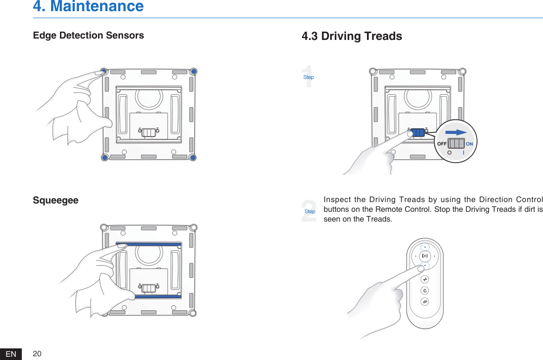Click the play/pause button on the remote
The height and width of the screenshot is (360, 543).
(x=425, y=256)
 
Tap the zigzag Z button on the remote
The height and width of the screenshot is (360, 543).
(x=425, y=279)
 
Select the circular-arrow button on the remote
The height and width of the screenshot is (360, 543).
(x=425, y=291)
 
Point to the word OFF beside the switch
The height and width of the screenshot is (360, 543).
(x=442, y=144)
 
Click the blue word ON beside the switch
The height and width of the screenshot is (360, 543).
(x=470, y=144)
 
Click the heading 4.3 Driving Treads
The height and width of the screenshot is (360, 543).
(x=352, y=36)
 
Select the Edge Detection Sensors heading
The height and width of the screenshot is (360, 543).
(x=88, y=35)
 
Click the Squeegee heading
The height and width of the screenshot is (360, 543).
(x=56, y=200)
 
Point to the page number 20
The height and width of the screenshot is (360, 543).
(x=37, y=354)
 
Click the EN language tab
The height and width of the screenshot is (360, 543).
(x=11, y=354)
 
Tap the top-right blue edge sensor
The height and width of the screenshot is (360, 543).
(x=194, y=72)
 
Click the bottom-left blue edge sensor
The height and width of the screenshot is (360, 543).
(x=105, y=158)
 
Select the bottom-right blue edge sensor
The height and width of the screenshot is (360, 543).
(x=193, y=158)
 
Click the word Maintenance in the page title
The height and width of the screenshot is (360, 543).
(x=97, y=7)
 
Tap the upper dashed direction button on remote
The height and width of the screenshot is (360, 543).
(x=425, y=247)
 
